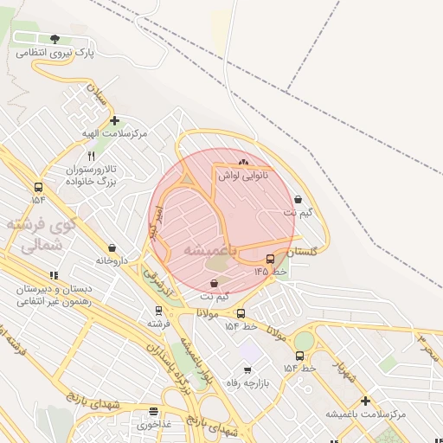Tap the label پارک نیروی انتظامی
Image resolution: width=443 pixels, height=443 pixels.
55,54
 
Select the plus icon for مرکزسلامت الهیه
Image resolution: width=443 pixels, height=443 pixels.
114,121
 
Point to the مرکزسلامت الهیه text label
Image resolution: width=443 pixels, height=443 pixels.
113,134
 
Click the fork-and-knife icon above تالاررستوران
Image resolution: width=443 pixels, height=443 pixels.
92,157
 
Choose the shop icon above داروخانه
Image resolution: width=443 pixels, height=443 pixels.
112,247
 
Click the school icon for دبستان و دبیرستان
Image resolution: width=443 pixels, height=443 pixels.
55,275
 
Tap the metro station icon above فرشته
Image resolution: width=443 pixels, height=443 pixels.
157,310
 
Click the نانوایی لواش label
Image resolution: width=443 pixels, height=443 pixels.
242,176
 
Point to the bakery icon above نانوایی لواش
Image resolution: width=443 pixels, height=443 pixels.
242,162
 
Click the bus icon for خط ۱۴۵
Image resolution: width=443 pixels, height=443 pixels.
271,259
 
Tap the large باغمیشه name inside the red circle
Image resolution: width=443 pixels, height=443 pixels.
205,249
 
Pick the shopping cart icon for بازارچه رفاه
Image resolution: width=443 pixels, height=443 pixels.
247,370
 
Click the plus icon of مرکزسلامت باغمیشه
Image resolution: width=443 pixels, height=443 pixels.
366,401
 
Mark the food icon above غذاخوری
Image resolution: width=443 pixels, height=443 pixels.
154,412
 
